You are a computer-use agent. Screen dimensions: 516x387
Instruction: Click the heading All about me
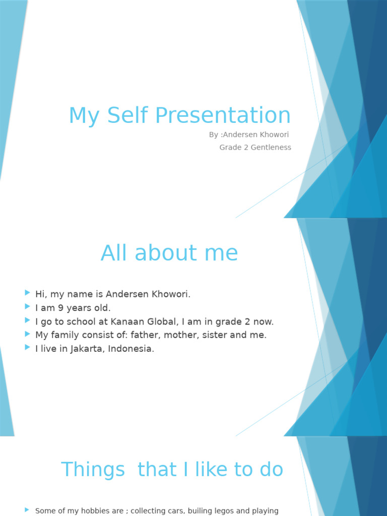[x=169, y=253]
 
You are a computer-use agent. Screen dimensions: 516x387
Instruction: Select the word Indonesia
[x=133, y=349]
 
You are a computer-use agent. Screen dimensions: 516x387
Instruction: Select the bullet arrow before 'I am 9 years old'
[x=27, y=307]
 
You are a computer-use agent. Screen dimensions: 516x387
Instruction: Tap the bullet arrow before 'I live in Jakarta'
[x=27, y=348]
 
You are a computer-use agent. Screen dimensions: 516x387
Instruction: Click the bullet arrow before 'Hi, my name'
[x=27, y=293]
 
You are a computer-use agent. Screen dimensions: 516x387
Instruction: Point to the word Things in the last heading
[x=93, y=470]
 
